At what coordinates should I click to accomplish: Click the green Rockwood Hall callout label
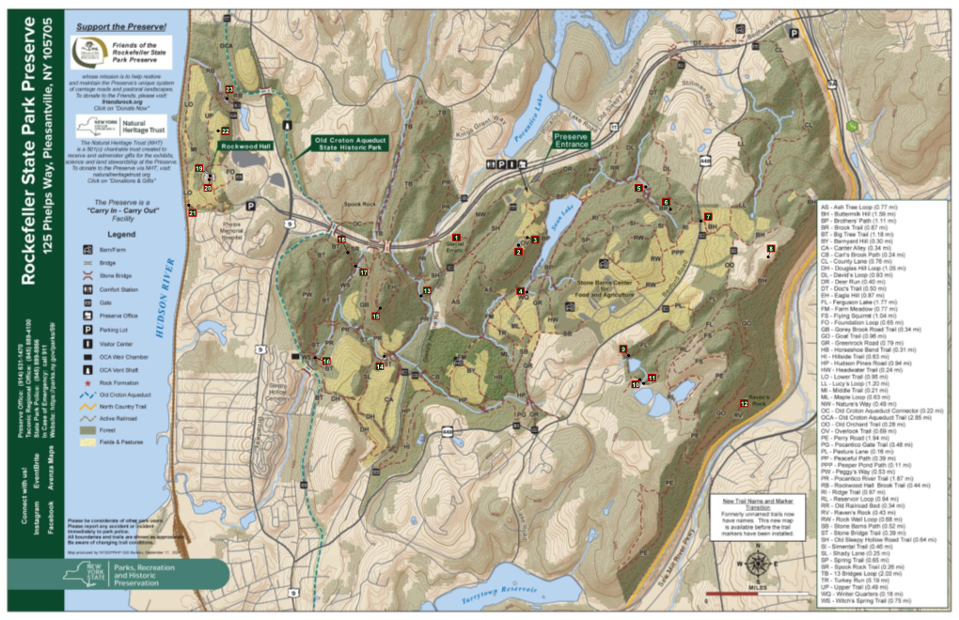click(x=245, y=147)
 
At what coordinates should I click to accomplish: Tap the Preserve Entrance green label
click(x=571, y=140)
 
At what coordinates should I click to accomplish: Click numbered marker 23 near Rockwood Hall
click(x=229, y=89)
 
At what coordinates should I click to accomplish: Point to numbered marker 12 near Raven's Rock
click(x=744, y=403)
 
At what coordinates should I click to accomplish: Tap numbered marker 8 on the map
click(x=771, y=248)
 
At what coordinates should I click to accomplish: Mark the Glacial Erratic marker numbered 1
click(x=456, y=237)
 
